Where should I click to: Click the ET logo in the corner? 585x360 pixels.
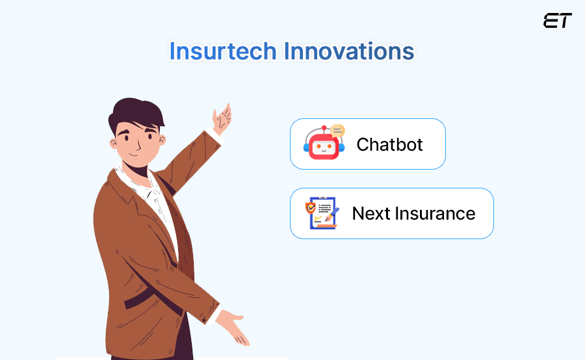click(x=557, y=21)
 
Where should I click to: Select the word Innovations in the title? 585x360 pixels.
click(x=351, y=51)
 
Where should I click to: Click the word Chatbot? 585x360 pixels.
click(x=389, y=144)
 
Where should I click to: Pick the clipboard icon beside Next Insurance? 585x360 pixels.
click(x=322, y=214)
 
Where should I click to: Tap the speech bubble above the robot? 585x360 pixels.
click(x=337, y=131)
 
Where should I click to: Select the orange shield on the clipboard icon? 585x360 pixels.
click(x=311, y=209)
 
